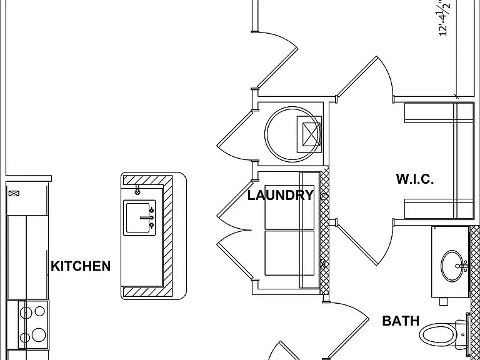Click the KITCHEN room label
81,266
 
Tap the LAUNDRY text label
281,195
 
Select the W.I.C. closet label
415,179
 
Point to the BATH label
401,321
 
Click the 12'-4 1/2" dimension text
444,18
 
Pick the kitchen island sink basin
139,217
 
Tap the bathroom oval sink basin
452,266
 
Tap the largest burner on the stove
39,335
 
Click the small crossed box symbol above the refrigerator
14,193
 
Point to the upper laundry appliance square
289,207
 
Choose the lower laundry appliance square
289,253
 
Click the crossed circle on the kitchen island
137,192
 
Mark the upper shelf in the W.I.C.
439,112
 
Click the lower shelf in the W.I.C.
439,209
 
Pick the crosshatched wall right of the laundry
324,231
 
